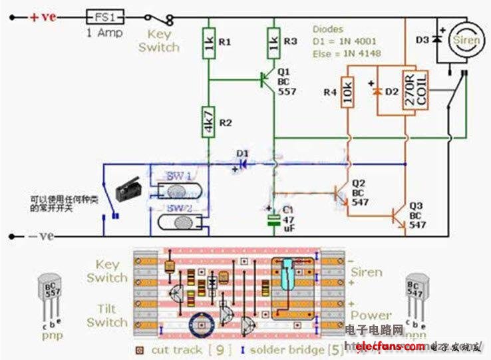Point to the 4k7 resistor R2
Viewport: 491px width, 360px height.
point(209,122)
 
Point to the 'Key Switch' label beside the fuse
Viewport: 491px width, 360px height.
point(159,41)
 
